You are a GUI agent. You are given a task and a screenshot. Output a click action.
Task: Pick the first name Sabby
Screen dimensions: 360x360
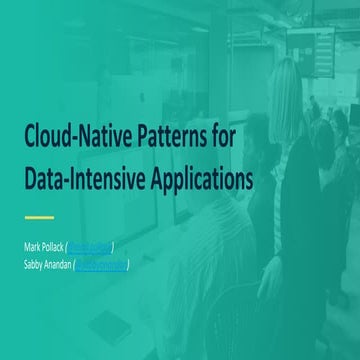coord(35,264)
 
